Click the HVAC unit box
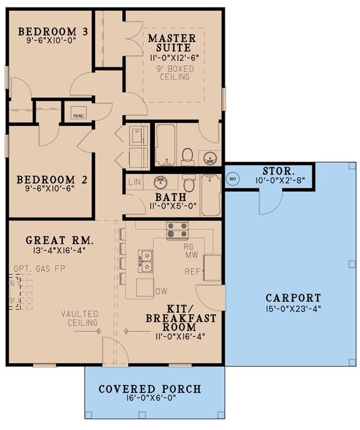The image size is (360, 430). (x=78, y=113)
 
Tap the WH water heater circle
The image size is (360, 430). (x=232, y=178)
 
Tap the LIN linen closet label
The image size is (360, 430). (x=135, y=182)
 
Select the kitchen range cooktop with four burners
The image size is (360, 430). (x=177, y=231)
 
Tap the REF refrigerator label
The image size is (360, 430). (x=192, y=272)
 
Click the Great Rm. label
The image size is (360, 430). (x=61, y=239)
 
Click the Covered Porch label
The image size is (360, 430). (x=150, y=389)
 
